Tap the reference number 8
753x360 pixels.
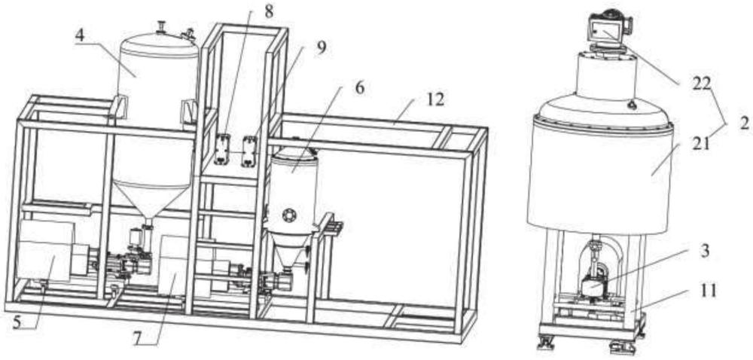click(x=269, y=11)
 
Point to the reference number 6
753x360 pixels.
click(x=360, y=88)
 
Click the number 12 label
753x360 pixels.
click(x=434, y=100)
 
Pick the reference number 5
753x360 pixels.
click(x=17, y=323)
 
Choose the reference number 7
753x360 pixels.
click(x=138, y=338)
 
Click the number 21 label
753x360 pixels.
click(x=700, y=143)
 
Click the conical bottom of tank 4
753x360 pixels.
click(x=150, y=200)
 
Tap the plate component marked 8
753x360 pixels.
click(x=222, y=150)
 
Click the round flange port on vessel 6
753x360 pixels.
click(x=290, y=215)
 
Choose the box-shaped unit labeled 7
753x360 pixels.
click(x=178, y=265)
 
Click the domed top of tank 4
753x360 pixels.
click(x=159, y=43)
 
